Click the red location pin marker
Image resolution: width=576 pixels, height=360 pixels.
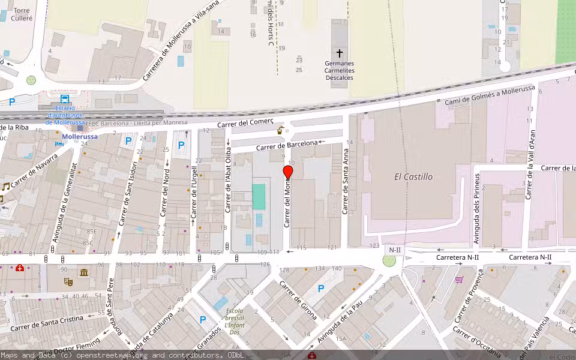(x=288, y=173)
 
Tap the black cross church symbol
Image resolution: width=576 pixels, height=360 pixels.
(x=340, y=53)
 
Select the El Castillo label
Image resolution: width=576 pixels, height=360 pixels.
(x=413, y=177)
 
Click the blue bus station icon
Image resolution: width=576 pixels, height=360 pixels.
(x=64, y=100)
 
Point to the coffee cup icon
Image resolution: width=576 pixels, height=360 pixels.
(x=280, y=130)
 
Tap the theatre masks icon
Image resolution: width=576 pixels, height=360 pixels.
(x=68, y=281)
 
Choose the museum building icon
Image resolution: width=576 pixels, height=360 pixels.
(x=83, y=273)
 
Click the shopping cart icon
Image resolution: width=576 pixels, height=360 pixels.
(x=460, y=280)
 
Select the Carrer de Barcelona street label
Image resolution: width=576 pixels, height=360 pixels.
(x=287, y=145)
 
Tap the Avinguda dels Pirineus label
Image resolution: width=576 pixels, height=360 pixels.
(x=478, y=209)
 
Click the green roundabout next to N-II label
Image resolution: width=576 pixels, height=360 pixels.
(x=389, y=261)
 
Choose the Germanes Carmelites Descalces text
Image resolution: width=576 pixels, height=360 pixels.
(x=340, y=70)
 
